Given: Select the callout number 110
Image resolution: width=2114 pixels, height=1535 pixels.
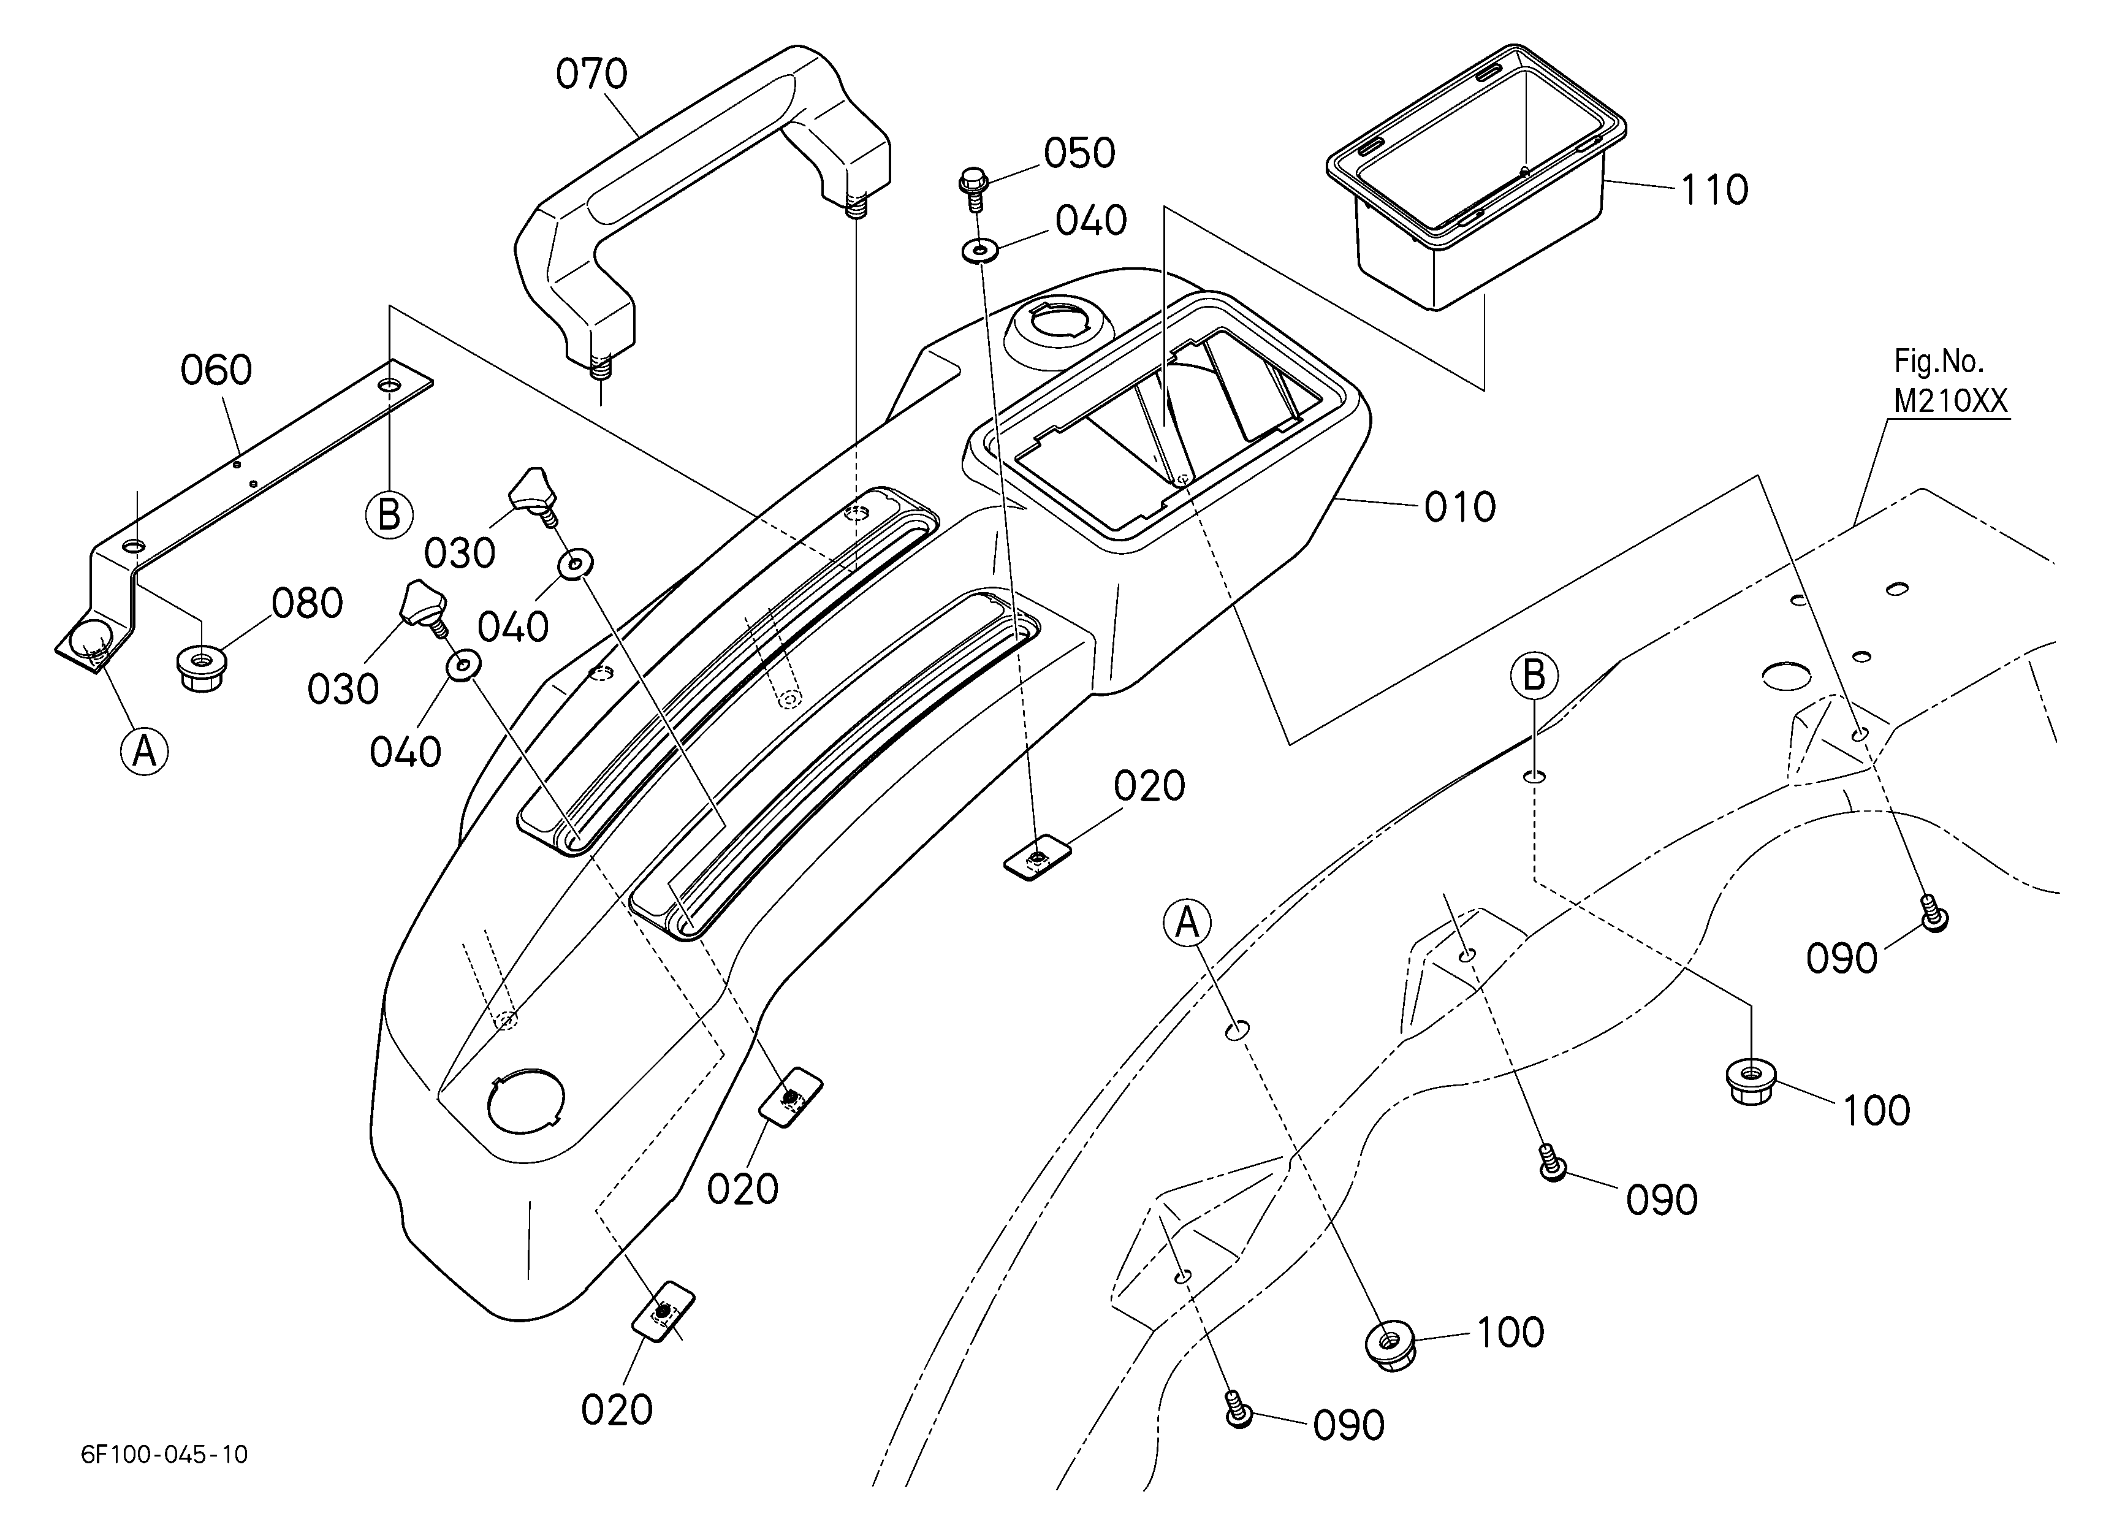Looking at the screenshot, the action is pos(1714,190).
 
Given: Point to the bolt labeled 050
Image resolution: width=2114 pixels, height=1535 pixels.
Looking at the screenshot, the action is pos(972,189).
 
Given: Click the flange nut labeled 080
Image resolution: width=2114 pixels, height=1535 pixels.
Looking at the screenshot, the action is pos(199,669).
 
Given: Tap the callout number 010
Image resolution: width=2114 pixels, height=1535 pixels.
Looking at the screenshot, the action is pos(1459,507).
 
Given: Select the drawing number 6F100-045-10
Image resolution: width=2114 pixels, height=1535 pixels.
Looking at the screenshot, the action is pos(165,1454).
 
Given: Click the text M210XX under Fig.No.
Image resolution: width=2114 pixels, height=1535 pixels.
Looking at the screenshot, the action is pos(1951,401).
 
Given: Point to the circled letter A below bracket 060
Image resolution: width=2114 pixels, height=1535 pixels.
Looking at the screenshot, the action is pos(145,750).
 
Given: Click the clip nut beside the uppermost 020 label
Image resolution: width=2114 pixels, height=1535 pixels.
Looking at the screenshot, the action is pos(1036,856).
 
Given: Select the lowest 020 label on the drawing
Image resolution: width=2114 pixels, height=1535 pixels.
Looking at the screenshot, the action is pos(616,1410).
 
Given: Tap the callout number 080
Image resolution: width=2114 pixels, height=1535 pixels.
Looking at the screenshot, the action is pos(306,604).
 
